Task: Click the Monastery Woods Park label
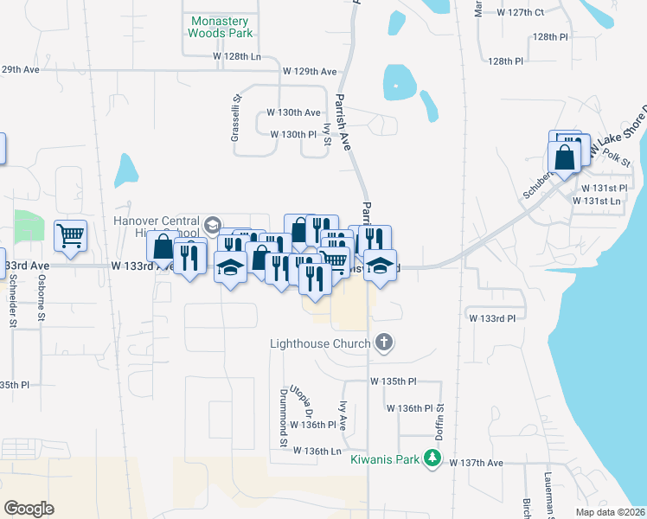pos(220,27)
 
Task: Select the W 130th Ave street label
pos(293,112)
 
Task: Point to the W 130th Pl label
pos(294,135)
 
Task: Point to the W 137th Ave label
pos(476,463)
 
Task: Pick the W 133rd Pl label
pos(492,318)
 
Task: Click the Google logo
pos(29,508)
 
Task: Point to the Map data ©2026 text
pos(611,512)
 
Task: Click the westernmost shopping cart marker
pos(70,234)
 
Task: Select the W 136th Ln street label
pos(317,451)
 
